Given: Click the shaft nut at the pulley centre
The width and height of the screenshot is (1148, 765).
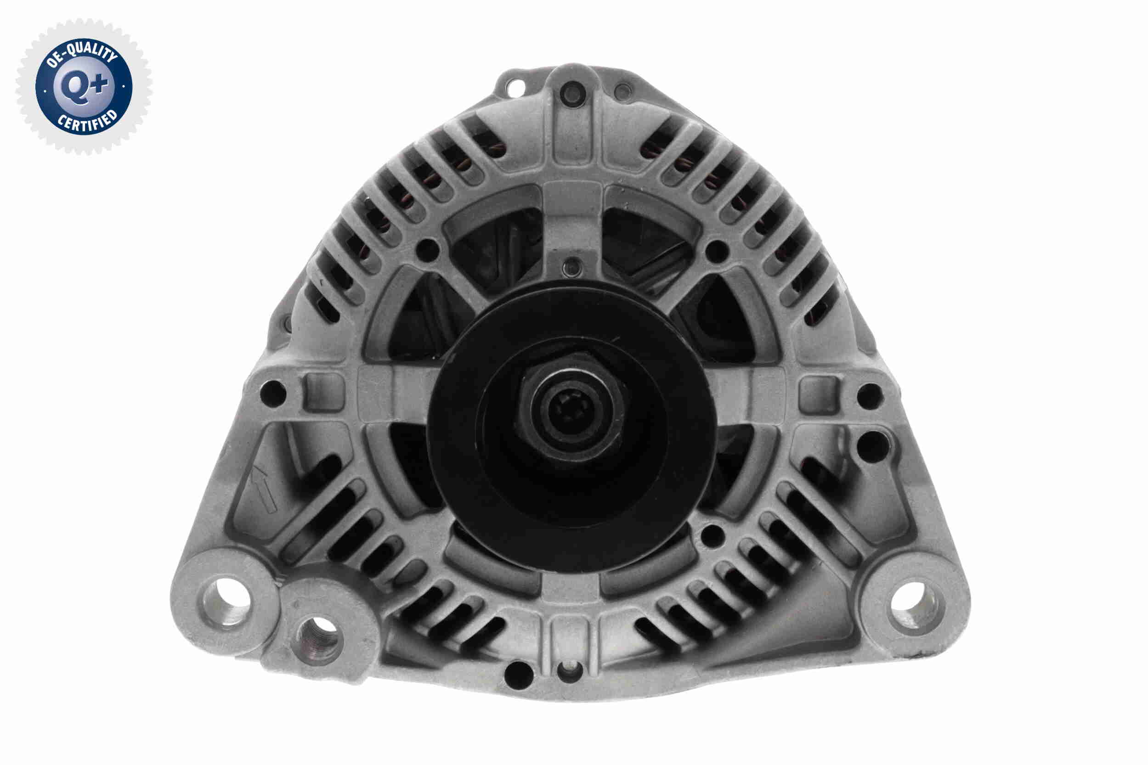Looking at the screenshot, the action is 570,409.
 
